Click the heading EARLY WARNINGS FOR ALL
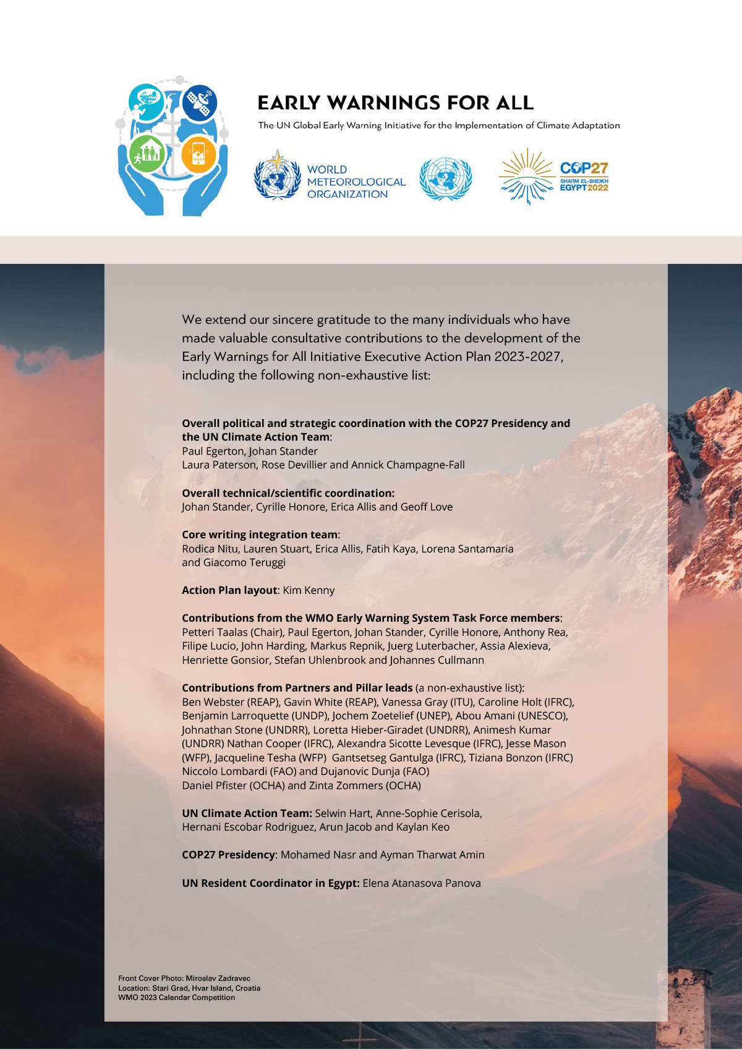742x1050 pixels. tap(395, 103)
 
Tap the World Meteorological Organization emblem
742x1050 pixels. tap(278, 177)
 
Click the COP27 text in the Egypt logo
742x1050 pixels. tap(584, 168)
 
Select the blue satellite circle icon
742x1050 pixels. tap(199, 102)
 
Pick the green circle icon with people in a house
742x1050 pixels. tap(147, 154)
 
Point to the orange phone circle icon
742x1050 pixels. tap(198, 154)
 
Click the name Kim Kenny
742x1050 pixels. tap(309, 590)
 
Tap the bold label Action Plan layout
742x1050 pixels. tap(229, 590)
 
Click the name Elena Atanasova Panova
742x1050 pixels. tap(422, 883)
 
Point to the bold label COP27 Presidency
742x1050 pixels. tap(228, 855)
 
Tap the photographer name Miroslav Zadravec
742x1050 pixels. tap(218, 978)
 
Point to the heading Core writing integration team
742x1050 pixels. tap(260, 535)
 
